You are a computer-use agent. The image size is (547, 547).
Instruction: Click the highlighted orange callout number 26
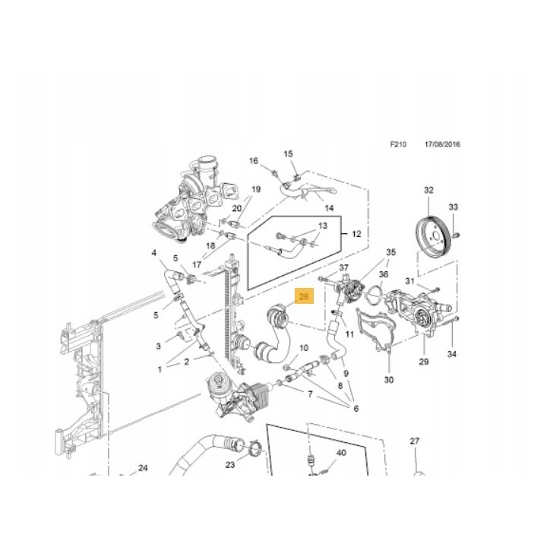304,296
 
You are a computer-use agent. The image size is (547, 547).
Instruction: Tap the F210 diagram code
398,144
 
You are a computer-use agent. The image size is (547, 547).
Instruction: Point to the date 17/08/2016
442,144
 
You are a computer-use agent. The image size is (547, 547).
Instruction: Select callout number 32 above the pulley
428,190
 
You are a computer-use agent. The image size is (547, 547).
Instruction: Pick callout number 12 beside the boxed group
356,234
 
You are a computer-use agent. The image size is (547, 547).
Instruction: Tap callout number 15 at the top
288,153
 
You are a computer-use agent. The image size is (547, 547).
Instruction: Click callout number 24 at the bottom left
143,468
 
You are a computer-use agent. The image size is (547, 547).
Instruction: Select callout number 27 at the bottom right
415,441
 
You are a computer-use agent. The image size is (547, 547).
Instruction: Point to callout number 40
341,453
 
